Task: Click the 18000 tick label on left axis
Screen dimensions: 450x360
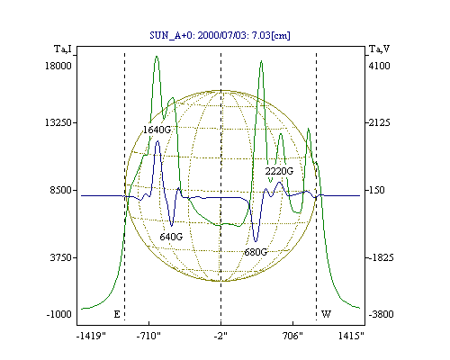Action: pyautogui.click(x=58, y=66)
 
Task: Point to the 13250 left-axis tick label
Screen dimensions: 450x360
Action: pyautogui.click(x=58, y=122)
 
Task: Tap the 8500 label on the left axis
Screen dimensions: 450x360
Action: pyautogui.click(x=61, y=190)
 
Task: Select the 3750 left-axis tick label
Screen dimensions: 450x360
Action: pyautogui.click(x=61, y=257)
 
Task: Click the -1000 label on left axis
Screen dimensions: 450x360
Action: pyautogui.click(x=59, y=314)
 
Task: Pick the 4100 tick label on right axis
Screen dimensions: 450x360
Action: pyautogui.click(x=380, y=66)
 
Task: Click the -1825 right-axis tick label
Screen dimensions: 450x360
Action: pyautogui.click(x=381, y=257)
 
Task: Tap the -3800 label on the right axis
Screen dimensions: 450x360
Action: pyautogui.click(x=381, y=314)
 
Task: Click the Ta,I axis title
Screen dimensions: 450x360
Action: pyautogui.click(x=63, y=49)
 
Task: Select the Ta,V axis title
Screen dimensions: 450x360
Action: pyautogui.click(x=379, y=49)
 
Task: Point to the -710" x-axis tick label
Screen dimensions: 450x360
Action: pyautogui.click(x=148, y=336)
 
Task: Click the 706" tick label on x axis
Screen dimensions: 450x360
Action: pyautogui.click(x=292, y=336)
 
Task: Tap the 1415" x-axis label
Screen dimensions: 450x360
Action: pyautogui.click(x=351, y=336)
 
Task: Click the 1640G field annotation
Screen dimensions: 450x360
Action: pyautogui.click(x=157, y=130)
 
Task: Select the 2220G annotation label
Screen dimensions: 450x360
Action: pyautogui.click(x=279, y=171)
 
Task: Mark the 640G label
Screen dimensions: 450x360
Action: pyautogui.click(x=171, y=237)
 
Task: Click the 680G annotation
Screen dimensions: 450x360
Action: pyautogui.click(x=256, y=252)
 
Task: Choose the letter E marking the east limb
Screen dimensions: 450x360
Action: pyautogui.click(x=117, y=314)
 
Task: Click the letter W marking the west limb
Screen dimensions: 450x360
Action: pyautogui.click(x=326, y=314)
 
